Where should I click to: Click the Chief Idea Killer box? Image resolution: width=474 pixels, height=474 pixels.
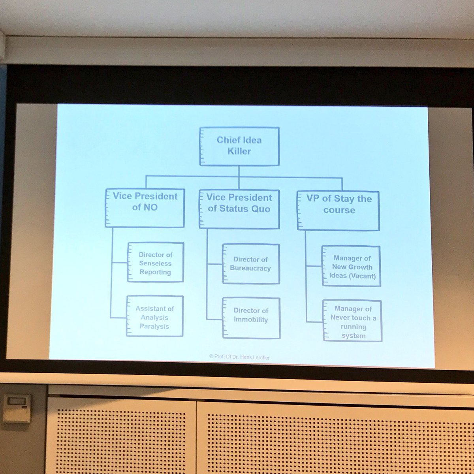pos(239,146)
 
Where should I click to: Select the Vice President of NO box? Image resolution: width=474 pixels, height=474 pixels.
pos(145,208)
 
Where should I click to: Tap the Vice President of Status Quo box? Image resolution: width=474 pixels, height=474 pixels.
pos(239,209)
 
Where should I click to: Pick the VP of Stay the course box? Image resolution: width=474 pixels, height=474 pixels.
pos(339,210)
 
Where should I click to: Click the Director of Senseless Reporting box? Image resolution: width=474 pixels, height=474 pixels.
pos(156,263)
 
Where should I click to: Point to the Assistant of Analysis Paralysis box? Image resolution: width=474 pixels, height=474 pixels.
pos(155,316)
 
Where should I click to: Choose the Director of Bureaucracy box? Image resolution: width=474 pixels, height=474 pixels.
pos(251,264)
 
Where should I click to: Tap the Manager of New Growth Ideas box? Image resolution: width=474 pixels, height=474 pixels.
pos(351,266)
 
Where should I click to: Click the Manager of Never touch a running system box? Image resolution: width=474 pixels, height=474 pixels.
pos(352,321)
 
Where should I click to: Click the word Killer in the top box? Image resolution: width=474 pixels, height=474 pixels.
pos(239,151)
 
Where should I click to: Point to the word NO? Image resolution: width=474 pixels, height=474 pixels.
pos(150,207)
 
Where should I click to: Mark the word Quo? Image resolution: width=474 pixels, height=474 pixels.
pos(260,209)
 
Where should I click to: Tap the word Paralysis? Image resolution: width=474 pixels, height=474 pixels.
pos(154,326)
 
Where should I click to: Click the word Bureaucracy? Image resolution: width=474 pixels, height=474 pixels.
pos(251,268)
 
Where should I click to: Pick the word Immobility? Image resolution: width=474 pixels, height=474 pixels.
pos(251,320)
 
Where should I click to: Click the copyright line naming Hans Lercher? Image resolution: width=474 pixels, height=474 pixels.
pos(239,357)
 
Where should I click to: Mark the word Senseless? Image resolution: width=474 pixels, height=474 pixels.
pos(155,263)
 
